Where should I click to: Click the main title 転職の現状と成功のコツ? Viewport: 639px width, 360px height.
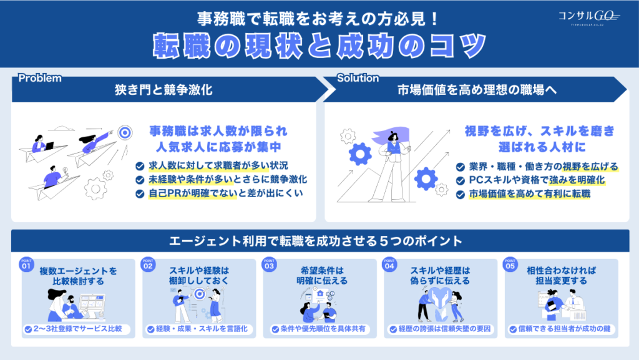tap(319, 45)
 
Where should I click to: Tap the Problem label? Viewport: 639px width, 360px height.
tap(40, 79)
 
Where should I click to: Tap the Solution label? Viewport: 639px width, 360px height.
tap(358, 79)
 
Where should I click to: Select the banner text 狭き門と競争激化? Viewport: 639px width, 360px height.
tap(163, 90)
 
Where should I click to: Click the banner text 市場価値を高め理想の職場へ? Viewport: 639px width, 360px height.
tap(477, 90)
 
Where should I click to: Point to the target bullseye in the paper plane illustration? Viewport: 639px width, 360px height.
tap(125, 132)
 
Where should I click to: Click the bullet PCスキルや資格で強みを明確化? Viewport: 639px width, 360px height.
tap(536, 180)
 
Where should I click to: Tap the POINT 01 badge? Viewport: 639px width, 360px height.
tap(26, 264)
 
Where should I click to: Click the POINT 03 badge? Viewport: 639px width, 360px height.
tap(269, 264)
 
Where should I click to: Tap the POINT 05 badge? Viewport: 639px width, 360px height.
tap(511, 264)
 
